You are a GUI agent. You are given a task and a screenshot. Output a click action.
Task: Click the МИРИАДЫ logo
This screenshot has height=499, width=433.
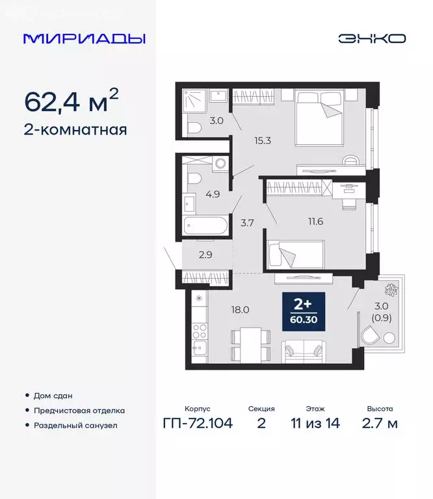[84, 38]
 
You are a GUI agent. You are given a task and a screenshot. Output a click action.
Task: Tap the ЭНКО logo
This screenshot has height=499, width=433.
[372, 38]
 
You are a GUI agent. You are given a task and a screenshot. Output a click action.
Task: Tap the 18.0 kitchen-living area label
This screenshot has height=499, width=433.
[241, 310]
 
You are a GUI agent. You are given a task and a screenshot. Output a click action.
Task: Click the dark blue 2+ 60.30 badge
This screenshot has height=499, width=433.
[308, 311]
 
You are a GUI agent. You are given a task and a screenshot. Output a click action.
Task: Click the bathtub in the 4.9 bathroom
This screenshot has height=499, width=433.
[205, 227]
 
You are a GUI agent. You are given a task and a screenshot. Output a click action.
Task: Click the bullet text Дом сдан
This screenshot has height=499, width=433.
[54, 396]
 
